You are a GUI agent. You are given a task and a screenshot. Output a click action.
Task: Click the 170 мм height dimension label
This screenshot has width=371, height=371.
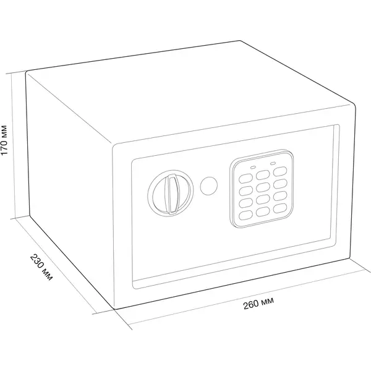click(5, 140)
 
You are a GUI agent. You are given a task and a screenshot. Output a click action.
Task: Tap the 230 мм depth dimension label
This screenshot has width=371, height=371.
click(41, 267)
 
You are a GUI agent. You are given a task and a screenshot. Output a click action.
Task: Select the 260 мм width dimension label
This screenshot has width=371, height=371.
click(259, 304)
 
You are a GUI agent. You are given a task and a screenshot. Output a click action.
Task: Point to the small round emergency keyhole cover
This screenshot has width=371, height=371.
click(209, 185)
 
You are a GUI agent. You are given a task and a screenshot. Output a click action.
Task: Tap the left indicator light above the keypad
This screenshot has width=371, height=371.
click(253, 168)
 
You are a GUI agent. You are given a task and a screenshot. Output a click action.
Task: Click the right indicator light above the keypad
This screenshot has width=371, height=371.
click(273, 163)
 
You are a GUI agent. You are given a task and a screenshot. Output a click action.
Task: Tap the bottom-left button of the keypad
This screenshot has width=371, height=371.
click(245, 215)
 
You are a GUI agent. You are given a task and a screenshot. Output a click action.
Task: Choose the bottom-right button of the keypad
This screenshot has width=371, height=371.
click(280, 208)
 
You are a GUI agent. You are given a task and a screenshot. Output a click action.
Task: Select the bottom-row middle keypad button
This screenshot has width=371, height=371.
click(263, 211)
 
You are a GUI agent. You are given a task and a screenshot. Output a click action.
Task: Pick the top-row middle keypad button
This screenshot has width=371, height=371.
click(263, 175)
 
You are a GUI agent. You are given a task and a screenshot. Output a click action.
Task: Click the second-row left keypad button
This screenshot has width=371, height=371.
click(245, 190)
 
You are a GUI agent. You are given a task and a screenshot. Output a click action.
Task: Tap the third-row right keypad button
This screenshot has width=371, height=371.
click(280, 196)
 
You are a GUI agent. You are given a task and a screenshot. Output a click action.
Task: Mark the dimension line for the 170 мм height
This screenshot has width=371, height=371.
click(13, 146)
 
